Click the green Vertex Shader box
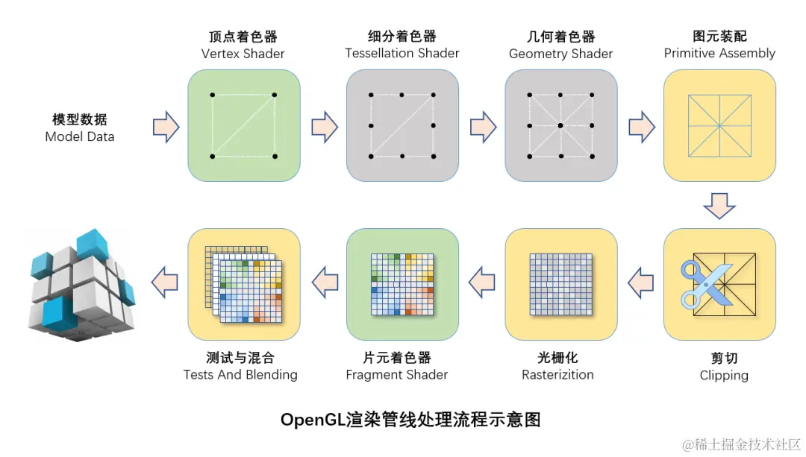(x=243, y=125)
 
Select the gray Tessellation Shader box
(x=402, y=125)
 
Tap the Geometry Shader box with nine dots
(x=560, y=125)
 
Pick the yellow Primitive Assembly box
(x=719, y=125)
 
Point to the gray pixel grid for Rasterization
(x=560, y=284)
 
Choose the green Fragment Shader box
(x=402, y=284)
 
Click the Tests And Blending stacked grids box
(x=243, y=284)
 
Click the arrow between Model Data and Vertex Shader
(x=166, y=127)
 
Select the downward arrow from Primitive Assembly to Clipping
(x=719, y=205)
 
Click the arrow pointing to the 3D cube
(x=165, y=283)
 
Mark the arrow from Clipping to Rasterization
(x=640, y=283)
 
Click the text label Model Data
(x=80, y=136)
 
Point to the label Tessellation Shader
(x=402, y=54)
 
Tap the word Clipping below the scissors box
(x=723, y=375)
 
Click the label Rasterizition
(x=557, y=374)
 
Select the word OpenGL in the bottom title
(x=313, y=420)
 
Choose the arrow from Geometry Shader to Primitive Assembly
(x=641, y=127)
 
